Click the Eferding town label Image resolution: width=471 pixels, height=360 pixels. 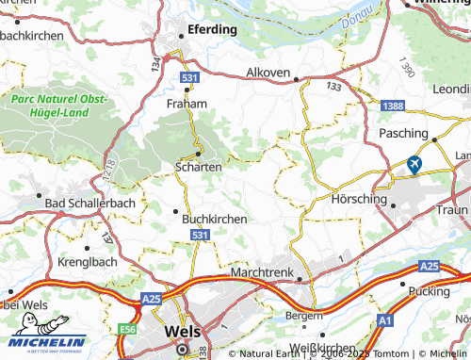click(212, 29)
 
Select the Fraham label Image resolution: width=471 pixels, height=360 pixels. click(186, 103)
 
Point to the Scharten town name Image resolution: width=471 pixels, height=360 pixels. click(198, 166)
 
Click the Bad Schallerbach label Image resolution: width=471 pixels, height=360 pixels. click(90, 203)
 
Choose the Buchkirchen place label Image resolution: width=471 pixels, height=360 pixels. click(214, 219)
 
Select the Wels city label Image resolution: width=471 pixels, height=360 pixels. click(182, 332)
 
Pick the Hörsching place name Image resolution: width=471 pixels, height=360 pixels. click(360, 200)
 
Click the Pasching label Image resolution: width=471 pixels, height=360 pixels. click(403, 134)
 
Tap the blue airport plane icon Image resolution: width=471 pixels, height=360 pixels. click(413, 165)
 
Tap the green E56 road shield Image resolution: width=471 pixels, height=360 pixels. click(128, 330)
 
